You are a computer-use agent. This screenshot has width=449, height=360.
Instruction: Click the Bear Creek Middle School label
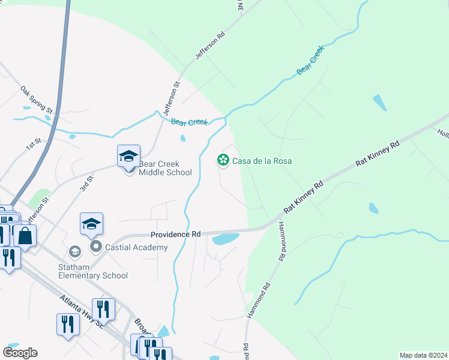(165, 168)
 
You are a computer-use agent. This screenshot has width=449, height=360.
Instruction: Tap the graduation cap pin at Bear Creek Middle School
(128, 157)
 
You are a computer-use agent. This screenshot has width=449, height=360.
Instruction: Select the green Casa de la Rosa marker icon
(223, 160)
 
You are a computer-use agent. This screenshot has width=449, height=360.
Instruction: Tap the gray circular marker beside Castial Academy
(95, 246)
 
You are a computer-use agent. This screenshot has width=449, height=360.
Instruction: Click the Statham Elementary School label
(93, 271)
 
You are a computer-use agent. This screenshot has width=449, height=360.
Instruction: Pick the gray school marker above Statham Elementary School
(74, 251)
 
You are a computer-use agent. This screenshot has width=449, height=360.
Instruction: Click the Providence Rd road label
(175, 235)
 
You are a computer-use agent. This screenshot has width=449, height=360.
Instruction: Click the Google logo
(20, 353)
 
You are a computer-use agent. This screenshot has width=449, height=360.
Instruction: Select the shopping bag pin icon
(25, 235)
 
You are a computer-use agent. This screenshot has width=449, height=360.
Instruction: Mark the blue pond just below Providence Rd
(225, 239)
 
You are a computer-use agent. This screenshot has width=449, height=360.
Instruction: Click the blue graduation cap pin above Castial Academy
(91, 224)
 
